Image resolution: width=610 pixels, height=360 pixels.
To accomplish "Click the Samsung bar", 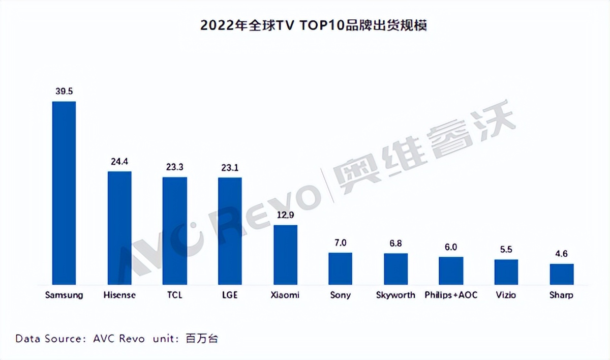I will tap(64, 193).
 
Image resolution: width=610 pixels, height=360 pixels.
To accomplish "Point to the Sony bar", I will tap(340, 268).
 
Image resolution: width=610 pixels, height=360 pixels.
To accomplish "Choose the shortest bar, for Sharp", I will tap(561, 274).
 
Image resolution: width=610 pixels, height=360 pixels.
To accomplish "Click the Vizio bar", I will tap(506, 272).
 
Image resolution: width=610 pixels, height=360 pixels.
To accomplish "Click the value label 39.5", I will tap(65, 91).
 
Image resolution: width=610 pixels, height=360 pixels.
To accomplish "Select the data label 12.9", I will tap(285, 215).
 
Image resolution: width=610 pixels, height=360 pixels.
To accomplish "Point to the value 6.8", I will tap(395, 243).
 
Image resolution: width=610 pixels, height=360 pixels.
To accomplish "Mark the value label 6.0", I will tap(451, 247).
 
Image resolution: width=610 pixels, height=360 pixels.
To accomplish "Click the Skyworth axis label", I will tap(395, 295).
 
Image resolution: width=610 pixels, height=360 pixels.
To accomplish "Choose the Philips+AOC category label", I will tap(451, 295).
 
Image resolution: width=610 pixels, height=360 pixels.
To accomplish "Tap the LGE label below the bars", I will tap(230, 295).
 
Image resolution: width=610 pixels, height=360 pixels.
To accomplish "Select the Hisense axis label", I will tap(119, 295).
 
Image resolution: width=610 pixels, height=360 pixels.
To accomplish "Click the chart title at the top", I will tap(314, 25).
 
